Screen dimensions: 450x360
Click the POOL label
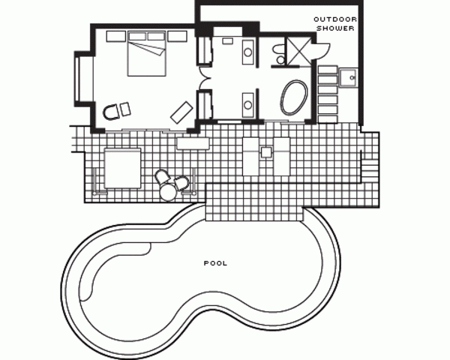pos(215,263)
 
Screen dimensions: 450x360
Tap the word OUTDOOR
pos(335,19)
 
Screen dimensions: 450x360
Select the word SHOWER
pos(335,28)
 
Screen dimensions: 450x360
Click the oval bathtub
pos(294,97)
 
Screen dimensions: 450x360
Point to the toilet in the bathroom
pos(278,53)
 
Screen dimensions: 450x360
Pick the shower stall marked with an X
pos(299,50)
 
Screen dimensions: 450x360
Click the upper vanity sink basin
pos(248,52)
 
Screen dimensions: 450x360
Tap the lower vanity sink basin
pos(248,105)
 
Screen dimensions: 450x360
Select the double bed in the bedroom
pos(147,54)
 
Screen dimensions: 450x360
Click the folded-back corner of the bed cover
pos(157,51)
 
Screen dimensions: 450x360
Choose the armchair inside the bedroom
pos(110,112)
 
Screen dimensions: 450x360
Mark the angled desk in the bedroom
pos(181,112)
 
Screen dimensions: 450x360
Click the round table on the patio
pos(168,192)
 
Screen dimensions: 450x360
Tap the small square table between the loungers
pos(266,152)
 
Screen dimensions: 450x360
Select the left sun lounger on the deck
pos(250,157)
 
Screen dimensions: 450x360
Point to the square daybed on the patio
pos(122,168)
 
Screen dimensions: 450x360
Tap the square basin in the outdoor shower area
pos(348,77)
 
